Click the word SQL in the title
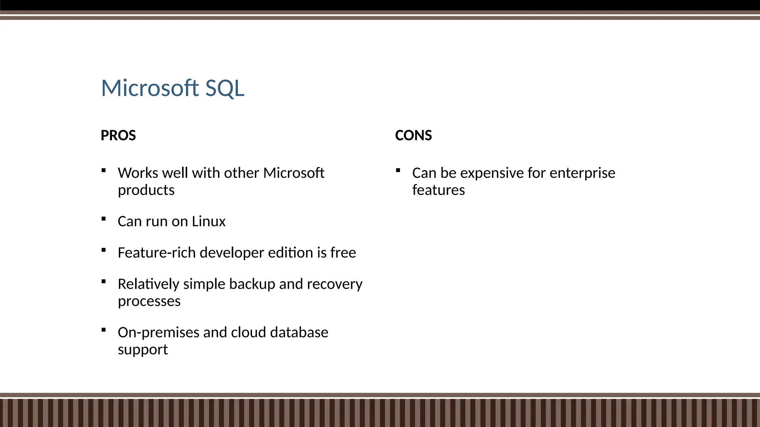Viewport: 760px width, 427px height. [x=225, y=88]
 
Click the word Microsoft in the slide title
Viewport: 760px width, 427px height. [x=150, y=88]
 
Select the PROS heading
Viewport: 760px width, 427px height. [x=118, y=135]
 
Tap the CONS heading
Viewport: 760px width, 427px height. [x=413, y=135]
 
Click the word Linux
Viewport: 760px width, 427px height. [x=209, y=221]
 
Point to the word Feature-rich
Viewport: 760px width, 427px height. [x=157, y=252]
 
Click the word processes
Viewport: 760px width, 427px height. [x=149, y=301]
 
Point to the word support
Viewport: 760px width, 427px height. [x=143, y=350]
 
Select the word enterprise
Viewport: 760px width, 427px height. [x=582, y=173]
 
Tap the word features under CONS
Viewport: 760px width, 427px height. [x=438, y=190]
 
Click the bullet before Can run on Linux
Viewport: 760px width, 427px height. [x=104, y=219]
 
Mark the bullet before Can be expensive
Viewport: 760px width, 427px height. [x=398, y=171]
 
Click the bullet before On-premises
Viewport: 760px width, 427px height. [x=104, y=330]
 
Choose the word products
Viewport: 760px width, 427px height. [x=146, y=190]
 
